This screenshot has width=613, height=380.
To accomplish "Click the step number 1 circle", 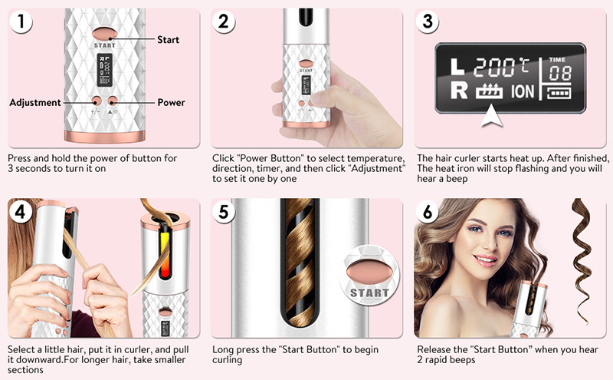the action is coord(21,21).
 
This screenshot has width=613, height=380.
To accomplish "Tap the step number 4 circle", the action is coord(21,212).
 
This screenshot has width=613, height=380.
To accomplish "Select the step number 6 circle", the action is coord(428,212).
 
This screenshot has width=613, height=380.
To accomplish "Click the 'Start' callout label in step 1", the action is coord(168,40).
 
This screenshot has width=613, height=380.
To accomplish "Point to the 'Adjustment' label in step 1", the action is coord(35,103).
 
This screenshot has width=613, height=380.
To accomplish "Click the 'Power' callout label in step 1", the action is coord(171,103).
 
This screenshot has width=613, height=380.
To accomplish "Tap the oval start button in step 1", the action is coord(105,34).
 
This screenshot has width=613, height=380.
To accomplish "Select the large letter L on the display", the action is coord(457,67).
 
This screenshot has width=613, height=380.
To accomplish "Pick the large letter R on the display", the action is coord(458,91).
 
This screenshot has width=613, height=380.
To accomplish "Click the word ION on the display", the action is coord(523,91).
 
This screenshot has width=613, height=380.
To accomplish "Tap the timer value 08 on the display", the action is coord(560,73).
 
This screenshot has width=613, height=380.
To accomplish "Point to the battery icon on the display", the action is coord(559,93).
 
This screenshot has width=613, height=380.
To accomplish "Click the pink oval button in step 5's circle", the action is coord(369,271).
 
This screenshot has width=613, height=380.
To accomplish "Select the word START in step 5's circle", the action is coord(369,293).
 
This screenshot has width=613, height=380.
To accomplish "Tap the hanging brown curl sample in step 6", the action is coord(582,261).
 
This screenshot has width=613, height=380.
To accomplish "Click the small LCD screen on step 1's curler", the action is coord(105,71).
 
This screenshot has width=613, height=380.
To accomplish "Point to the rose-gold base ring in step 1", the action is coord(105,137).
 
